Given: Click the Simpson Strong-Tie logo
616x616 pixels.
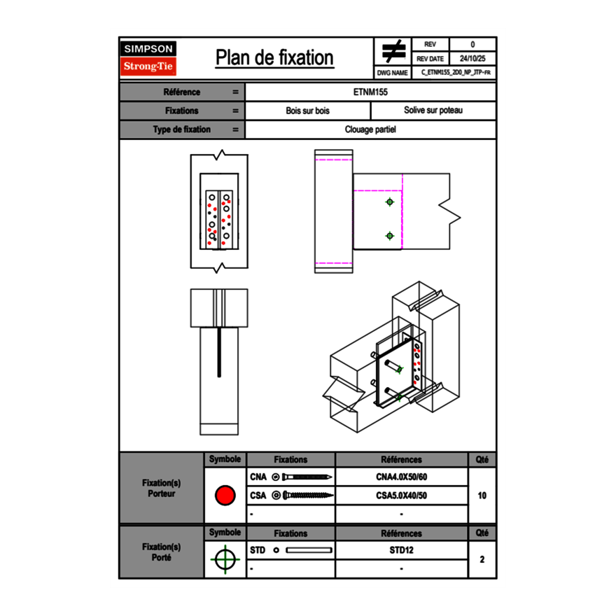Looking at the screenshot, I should click(149, 58).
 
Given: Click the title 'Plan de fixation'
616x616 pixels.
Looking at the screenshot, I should click(274, 57).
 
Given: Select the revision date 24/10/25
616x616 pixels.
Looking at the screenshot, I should click(472, 59).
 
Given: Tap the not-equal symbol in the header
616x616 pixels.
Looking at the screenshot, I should click(393, 52).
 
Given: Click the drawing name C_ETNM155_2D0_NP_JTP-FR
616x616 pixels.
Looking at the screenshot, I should click(455, 72).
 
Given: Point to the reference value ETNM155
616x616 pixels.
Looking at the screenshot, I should click(370, 92).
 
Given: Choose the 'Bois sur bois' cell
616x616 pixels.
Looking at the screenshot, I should click(307, 111).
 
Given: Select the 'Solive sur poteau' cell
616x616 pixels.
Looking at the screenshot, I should click(433, 111).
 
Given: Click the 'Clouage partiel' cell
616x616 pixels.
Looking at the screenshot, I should click(370, 129).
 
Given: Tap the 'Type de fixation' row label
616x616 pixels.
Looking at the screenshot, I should click(181, 129).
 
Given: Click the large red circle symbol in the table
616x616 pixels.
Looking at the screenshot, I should click(225, 496).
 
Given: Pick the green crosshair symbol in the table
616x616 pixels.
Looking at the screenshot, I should click(225, 559).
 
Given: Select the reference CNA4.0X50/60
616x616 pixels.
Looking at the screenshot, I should click(401, 477).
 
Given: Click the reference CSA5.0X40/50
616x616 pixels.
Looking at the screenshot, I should click(401, 496).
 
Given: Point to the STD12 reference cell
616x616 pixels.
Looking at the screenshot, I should click(401, 550).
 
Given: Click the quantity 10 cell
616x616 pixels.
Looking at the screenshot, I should click(482, 496).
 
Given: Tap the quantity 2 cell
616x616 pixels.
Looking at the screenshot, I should click(482, 559).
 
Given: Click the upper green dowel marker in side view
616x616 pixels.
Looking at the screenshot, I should click(390, 202).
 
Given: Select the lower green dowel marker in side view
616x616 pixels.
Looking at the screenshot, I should click(390, 236).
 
